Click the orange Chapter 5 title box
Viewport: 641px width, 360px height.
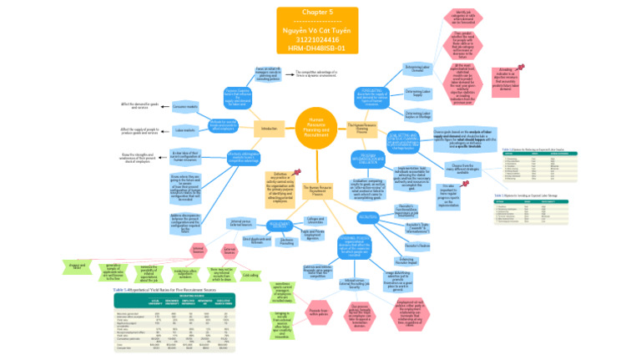316,31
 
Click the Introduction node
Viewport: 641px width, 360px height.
269,129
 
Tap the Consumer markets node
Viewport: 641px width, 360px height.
185,107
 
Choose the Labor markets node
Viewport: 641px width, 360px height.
185,130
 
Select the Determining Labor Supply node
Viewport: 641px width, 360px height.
418,93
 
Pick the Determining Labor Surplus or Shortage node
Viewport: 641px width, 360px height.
418,115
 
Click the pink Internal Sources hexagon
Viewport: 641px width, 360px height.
198,250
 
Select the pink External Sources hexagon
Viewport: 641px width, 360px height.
230,250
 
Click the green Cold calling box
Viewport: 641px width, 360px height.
250,275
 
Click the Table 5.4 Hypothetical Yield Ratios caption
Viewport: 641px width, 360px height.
154,288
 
